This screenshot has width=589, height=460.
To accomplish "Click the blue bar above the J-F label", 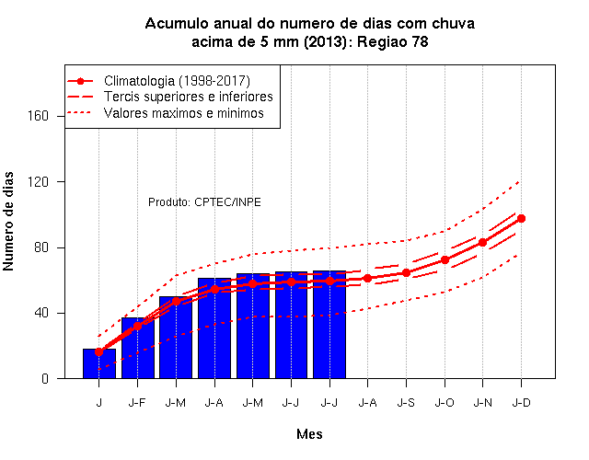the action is (x=138, y=348).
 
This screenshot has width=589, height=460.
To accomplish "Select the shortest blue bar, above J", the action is (x=99, y=363).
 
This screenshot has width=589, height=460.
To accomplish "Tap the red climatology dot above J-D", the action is (x=521, y=219).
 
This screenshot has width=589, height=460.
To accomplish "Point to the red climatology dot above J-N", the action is (x=482, y=243).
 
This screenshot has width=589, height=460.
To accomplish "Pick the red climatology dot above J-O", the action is (x=445, y=259).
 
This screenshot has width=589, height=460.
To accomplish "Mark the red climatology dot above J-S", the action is (x=406, y=273).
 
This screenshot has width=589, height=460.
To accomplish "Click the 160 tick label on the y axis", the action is (x=39, y=116).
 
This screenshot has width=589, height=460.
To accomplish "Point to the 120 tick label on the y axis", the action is (x=39, y=182).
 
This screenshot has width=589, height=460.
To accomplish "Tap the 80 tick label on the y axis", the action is (x=41, y=247).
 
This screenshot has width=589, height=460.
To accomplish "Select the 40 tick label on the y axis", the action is (x=41, y=313).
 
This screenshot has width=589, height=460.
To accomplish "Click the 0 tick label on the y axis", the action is (x=45, y=378).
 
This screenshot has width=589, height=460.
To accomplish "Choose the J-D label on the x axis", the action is (x=522, y=403).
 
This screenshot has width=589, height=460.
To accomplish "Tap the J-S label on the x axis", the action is (x=406, y=403).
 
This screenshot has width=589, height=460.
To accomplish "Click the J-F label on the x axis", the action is (x=137, y=403).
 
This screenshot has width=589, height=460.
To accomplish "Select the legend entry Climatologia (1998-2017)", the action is (x=177, y=81).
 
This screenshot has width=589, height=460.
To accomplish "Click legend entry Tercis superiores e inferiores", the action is (x=189, y=97).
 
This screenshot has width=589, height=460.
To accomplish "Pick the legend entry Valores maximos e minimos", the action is (x=184, y=113).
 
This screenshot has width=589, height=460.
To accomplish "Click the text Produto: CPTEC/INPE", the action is (x=204, y=202).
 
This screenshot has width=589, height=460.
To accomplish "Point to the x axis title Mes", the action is (x=309, y=434).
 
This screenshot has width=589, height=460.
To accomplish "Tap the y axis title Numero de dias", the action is (x=8, y=222).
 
